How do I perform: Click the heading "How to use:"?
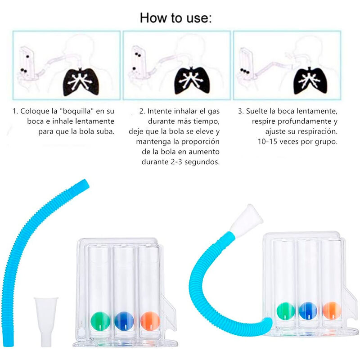click(175, 18)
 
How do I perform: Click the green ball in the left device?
click(100, 320)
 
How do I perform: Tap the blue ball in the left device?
click(124, 320)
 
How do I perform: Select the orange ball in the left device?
click(149, 320)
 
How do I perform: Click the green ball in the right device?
click(285, 310)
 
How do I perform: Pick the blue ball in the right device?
click(308, 310)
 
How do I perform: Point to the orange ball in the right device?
click(331, 310)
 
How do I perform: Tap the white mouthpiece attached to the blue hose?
click(249, 217)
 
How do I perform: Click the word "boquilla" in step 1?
click(72, 110)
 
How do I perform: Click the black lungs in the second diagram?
click(192, 81)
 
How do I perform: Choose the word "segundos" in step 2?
click(203, 162)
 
